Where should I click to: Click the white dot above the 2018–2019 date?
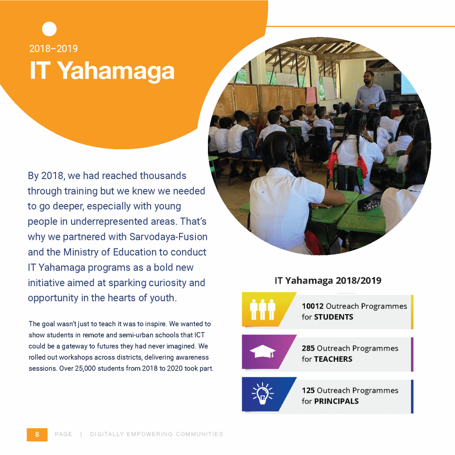[x=49, y=29]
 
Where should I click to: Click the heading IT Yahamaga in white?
[x=102, y=71]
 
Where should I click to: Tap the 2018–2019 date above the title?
[x=53, y=48]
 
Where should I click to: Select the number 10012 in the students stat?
[x=312, y=306]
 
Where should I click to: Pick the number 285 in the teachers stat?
[x=308, y=348]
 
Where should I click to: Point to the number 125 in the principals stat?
[x=308, y=390]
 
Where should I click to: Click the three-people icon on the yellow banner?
[x=263, y=309]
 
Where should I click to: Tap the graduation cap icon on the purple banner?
[x=263, y=351]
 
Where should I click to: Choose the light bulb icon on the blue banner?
[x=263, y=394]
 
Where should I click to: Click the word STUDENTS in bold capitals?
[x=334, y=317]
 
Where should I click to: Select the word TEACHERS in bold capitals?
[x=333, y=359]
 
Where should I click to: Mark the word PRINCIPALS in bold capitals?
[x=336, y=401]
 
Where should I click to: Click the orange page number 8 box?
[x=37, y=435]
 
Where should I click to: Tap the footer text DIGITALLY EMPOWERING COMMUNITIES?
[x=157, y=434]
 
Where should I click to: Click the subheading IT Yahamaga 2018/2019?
[x=328, y=281]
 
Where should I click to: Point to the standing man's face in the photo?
[x=368, y=78]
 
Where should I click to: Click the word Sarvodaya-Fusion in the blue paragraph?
[x=168, y=237]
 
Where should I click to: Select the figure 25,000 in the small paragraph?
[x=85, y=368]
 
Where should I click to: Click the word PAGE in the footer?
[x=63, y=434]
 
